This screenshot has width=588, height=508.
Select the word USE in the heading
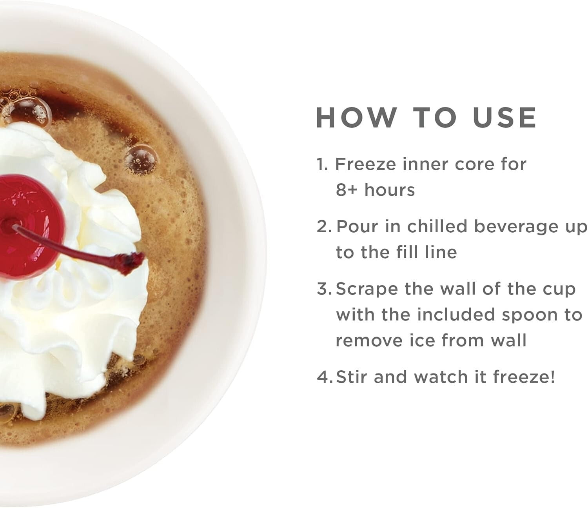tap(505, 118)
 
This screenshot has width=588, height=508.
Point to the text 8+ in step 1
tap(346, 190)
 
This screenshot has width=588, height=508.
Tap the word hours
tap(390, 189)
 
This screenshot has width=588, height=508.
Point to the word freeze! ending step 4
tap(524, 377)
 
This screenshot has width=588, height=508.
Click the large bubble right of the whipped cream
tap(141, 160)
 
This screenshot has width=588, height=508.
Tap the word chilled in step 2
tap(437, 227)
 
